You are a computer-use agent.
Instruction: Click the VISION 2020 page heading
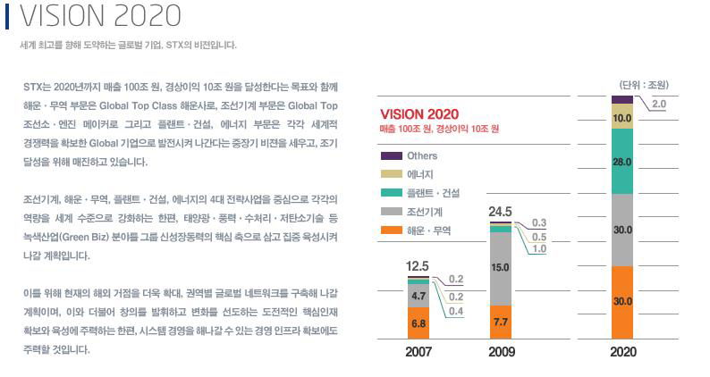click(x=100, y=16)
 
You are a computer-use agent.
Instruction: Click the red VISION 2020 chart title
click(x=419, y=114)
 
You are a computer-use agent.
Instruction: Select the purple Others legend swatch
click(x=391, y=155)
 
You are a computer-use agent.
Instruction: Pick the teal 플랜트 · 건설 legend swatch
click(x=391, y=193)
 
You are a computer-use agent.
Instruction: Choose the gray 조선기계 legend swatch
click(x=391, y=212)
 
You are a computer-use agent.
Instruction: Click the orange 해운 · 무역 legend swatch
click(x=391, y=230)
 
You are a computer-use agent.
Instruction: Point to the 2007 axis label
click(x=418, y=352)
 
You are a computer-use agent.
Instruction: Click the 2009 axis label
click(x=502, y=352)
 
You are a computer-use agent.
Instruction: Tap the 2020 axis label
click(x=623, y=352)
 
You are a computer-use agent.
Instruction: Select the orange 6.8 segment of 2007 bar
click(x=418, y=323)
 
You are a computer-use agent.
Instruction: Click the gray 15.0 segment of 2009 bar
click(x=502, y=267)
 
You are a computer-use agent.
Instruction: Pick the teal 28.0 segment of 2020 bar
click(x=623, y=163)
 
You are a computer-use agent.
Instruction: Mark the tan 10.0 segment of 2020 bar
click(x=623, y=118)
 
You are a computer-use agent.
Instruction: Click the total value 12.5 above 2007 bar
click(x=418, y=265)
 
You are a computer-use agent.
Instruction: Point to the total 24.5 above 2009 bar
click(x=501, y=212)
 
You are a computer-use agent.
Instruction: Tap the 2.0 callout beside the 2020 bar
click(x=658, y=105)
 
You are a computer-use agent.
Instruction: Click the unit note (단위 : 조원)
click(x=645, y=85)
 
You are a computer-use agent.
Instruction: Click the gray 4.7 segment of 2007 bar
click(x=418, y=295)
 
